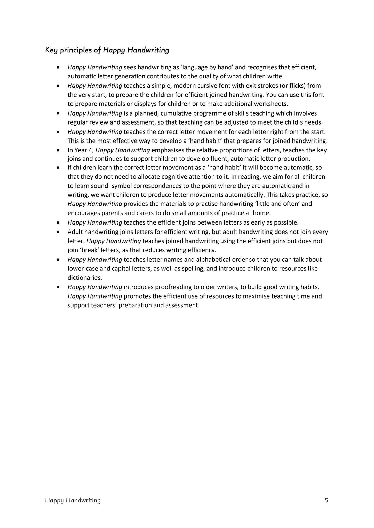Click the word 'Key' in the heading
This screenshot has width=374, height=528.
point(51,50)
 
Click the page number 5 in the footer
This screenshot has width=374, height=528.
point(327,500)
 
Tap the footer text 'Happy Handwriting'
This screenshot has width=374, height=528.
point(73,500)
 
